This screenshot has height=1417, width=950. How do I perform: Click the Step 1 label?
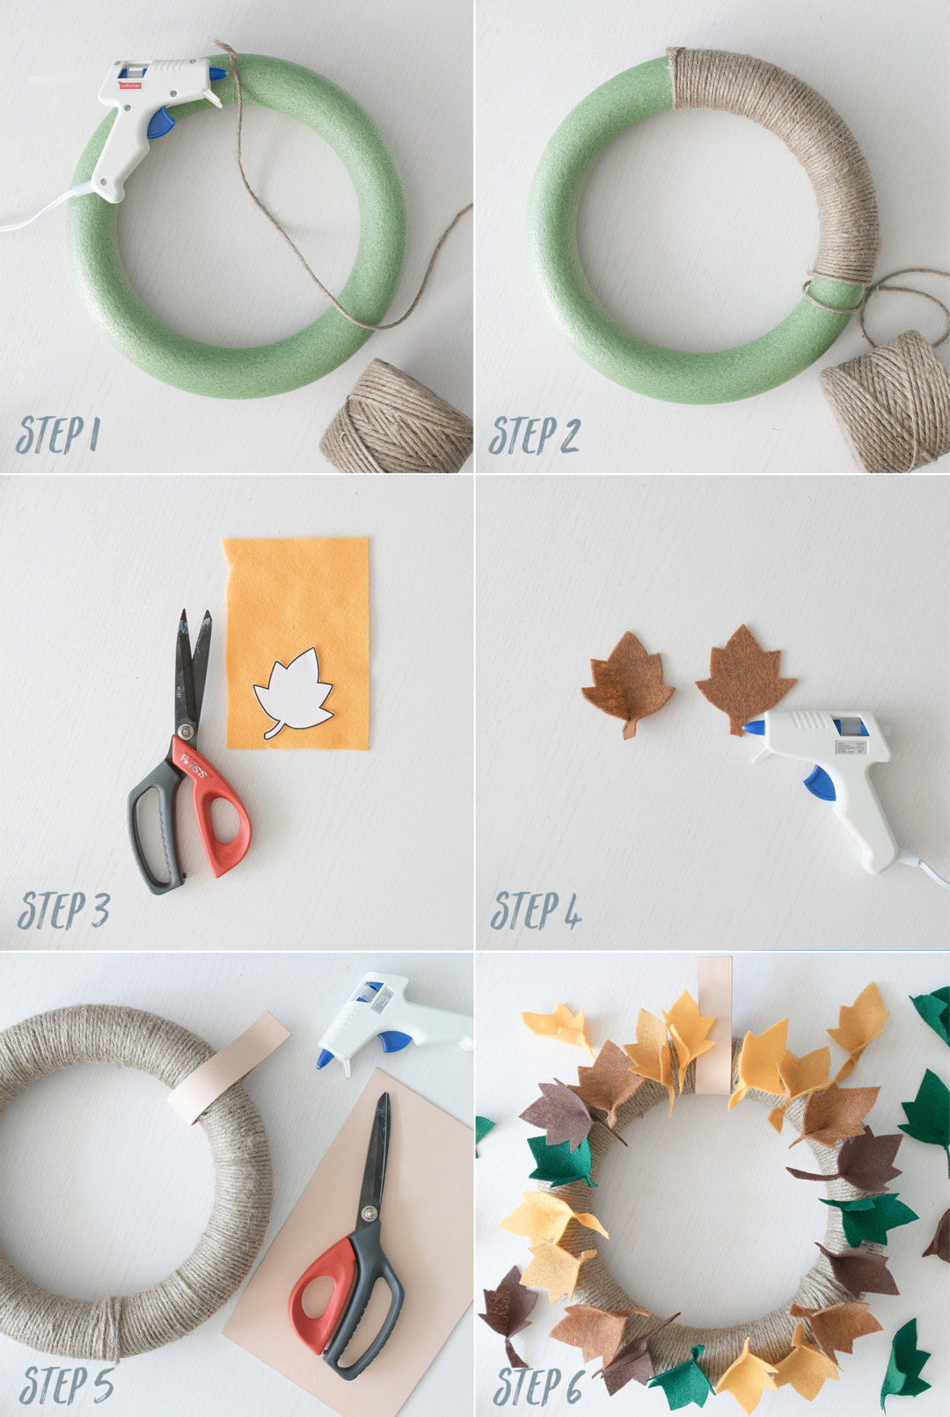58,435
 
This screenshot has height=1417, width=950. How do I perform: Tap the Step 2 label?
534,435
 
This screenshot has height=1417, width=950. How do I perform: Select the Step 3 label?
63,909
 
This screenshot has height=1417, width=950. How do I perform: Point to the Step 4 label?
536,909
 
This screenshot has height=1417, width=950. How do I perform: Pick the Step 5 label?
67,1384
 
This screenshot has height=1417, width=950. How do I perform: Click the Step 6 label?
537,1386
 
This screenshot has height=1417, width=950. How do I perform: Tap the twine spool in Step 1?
397,419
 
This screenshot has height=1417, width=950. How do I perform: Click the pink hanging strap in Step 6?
713,1020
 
